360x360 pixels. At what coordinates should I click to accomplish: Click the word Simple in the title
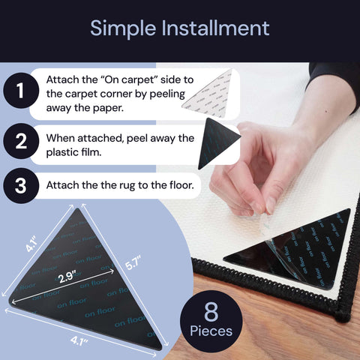point(123,29)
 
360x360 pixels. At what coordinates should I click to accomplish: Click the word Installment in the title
point(215,28)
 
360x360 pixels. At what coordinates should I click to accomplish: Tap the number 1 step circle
point(21,90)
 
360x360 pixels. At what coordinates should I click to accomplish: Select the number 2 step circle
point(21,141)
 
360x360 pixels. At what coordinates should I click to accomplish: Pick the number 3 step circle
point(21,185)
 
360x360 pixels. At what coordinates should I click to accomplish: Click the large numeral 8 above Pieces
point(211,311)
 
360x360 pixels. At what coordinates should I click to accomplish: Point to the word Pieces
point(211,331)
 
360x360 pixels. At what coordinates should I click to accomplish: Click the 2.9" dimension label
point(66,277)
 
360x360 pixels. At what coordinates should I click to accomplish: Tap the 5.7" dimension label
point(133,263)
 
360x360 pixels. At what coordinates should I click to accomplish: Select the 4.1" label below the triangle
point(79,340)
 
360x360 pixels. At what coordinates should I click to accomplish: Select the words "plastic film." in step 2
point(73,152)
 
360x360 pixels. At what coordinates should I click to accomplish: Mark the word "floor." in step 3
point(181,185)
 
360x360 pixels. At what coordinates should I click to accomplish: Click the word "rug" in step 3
point(127,186)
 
